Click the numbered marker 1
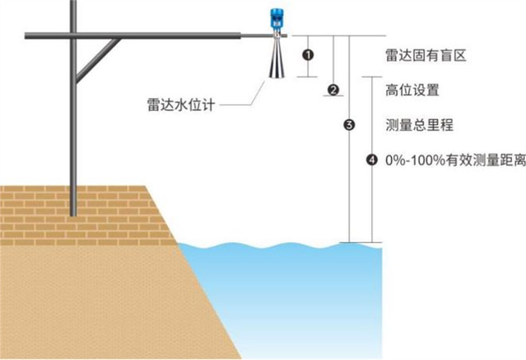tap(309, 55)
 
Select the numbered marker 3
tap(349, 124)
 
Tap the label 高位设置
tap(412, 91)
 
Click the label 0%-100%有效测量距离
tap(455, 159)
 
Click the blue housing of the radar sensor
tap(275, 19)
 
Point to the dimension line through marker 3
tap(349, 187)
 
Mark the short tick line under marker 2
tap(333, 96)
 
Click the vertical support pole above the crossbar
tap(73, 15)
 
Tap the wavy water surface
tap(281, 246)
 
